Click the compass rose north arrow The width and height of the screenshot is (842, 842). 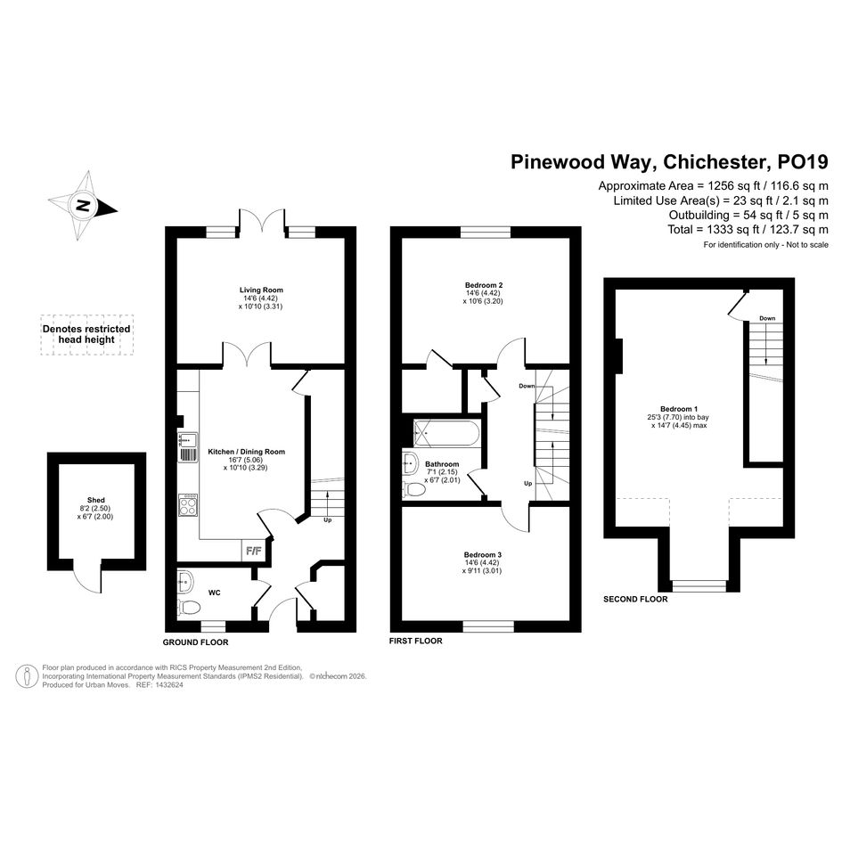pyautogui.click(x=83, y=206)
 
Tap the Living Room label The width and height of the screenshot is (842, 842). pyautogui.click(x=261, y=290)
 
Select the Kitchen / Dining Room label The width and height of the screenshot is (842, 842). pyautogui.click(x=247, y=452)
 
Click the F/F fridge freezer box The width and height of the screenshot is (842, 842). pyautogui.click(x=253, y=551)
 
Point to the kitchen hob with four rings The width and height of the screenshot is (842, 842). pyautogui.click(x=188, y=505)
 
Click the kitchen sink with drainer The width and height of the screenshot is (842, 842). pyautogui.click(x=188, y=447)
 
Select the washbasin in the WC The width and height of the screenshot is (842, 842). pyautogui.click(x=184, y=582)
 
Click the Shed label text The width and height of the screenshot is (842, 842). pyautogui.click(x=96, y=500)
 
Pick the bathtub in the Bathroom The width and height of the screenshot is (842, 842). pyautogui.click(x=446, y=433)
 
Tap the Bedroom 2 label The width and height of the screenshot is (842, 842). pyautogui.click(x=484, y=285)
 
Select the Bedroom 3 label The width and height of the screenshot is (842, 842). pyautogui.click(x=483, y=555)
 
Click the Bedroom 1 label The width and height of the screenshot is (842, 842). pyautogui.click(x=679, y=409)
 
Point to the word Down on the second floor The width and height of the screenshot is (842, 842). pyautogui.click(x=767, y=318)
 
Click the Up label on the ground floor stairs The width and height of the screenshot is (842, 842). pyautogui.click(x=328, y=519)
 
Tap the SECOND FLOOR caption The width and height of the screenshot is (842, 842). pyautogui.click(x=635, y=599)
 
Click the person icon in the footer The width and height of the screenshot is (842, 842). pyautogui.click(x=27, y=676)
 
